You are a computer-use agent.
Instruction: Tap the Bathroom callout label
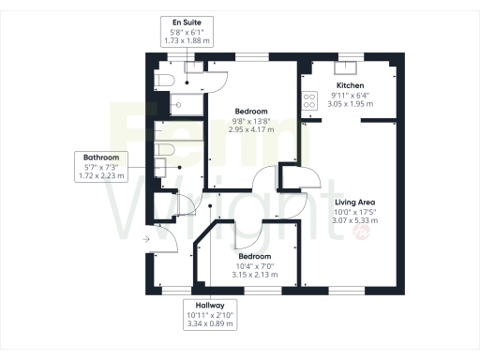[100, 157]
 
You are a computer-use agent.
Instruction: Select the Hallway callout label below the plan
[210, 306]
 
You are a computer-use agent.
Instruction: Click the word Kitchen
[350, 85]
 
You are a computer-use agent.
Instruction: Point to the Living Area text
[356, 202]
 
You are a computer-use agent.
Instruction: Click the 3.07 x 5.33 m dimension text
[356, 222]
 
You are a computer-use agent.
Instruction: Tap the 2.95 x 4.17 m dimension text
[251, 129]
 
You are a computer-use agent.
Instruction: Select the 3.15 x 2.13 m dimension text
[254, 275]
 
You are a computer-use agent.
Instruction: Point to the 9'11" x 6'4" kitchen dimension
[350, 95]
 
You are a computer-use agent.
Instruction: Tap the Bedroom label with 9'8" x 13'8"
[251, 111]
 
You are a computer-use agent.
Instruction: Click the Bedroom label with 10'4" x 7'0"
[254, 256]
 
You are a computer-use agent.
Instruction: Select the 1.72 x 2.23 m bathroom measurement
[100, 176]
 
